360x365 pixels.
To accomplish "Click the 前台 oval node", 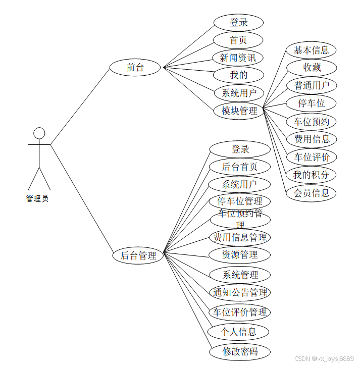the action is click(135, 67).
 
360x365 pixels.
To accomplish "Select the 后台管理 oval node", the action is click(138, 255).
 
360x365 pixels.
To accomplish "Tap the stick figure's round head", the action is click(39, 133).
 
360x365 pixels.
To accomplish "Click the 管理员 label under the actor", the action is click(37, 198).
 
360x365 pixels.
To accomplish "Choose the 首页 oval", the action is click(238, 40).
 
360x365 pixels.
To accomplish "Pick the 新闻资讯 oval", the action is click(238, 58).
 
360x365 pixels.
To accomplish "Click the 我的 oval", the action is click(238, 75).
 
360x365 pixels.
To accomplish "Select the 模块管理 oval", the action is click(239, 111).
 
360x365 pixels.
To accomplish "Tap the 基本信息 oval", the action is click(311, 50).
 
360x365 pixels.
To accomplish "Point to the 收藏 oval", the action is click(312, 68).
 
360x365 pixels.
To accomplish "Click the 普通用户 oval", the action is click(312, 85).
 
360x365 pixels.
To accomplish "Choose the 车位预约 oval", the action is click(312, 121).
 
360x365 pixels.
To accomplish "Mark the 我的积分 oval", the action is click(311, 175).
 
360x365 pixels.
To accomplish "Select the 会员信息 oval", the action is click(312, 192).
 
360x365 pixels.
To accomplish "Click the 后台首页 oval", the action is click(240, 167).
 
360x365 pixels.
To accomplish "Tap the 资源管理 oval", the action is click(240, 255).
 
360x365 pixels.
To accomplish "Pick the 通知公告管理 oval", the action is click(240, 292).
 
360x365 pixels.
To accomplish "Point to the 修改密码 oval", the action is click(240, 351).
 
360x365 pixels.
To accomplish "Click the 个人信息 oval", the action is click(239, 332).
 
